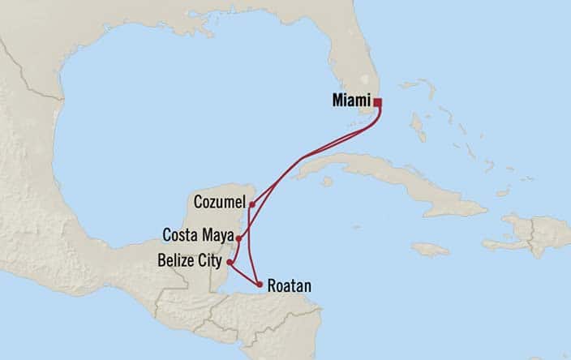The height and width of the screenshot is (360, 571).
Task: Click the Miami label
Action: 350,101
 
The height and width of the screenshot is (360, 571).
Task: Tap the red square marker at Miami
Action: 377,102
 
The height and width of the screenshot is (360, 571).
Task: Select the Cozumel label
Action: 221,199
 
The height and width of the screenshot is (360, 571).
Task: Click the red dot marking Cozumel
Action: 252,204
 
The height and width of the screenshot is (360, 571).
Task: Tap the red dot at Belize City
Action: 230,262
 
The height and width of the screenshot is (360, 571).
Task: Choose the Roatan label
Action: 288,286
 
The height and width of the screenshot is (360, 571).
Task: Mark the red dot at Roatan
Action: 259,285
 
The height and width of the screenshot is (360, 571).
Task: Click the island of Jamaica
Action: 430,250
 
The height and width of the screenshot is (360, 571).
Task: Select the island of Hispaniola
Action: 527,234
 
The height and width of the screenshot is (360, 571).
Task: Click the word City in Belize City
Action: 210,260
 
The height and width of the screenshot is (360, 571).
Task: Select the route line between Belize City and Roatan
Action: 244,274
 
